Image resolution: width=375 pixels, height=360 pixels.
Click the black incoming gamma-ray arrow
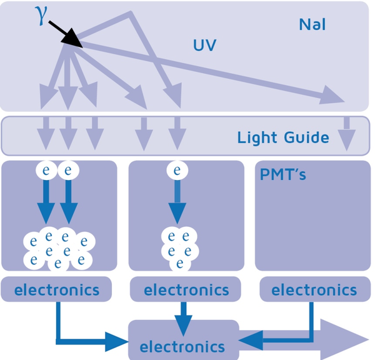(x=66, y=34)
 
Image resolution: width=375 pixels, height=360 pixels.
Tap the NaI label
(x=312, y=24)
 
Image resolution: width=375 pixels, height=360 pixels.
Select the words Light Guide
(x=283, y=137)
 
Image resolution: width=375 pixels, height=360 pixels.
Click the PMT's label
(x=283, y=174)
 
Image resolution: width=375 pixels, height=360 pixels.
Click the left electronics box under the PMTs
(x=56, y=290)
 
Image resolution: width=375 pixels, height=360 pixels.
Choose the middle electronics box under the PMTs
(x=186, y=290)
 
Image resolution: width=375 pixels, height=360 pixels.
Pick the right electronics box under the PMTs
(x=314, y=290)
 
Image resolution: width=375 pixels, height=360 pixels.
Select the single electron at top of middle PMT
(x=177, y=170)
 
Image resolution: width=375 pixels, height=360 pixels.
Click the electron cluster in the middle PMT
(x=179, y=247)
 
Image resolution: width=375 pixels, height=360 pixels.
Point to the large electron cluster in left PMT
(x=57, y=248)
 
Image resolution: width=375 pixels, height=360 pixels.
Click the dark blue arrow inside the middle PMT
(x=178, y=203)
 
